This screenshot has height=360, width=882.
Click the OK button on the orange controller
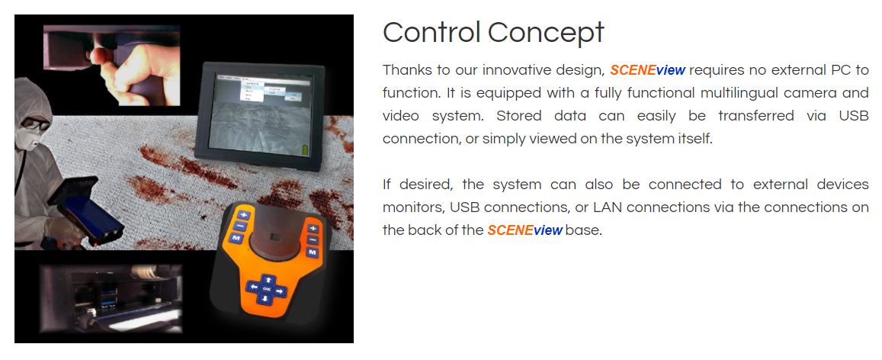tap(267, 289)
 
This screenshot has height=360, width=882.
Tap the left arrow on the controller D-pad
tap(254, 288)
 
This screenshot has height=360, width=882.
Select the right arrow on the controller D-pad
tap(280, 291)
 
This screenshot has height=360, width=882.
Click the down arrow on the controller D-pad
tap(265, 299)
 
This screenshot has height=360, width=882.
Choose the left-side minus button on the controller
tap(240, 226)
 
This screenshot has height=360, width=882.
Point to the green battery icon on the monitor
tap(306, 149)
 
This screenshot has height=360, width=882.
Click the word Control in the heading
tap(431, 32)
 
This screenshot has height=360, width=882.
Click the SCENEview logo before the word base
tap(524, 230)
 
